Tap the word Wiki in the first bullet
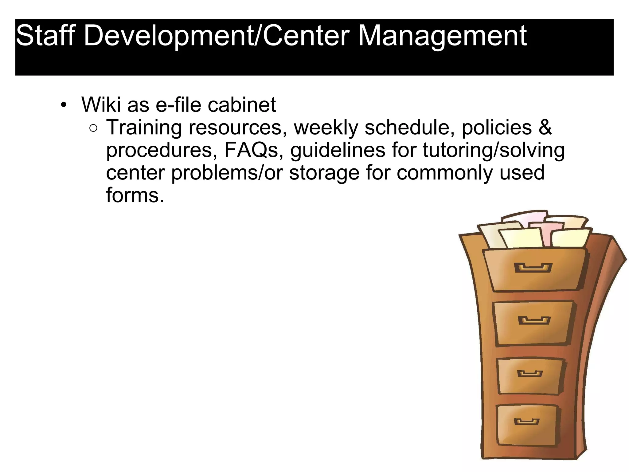(101, 104)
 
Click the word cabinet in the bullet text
(242, 104)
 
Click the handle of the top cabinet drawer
(533, 268)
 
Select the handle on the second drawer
(534, 321)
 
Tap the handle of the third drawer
(530, 374)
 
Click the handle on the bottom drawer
(526, 421)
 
